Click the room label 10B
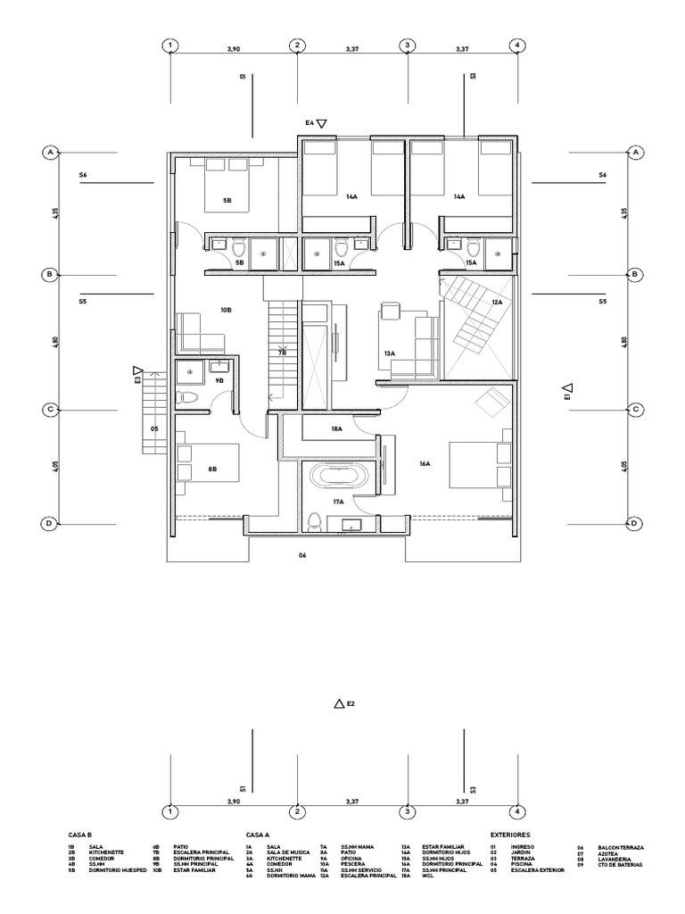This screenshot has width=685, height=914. (x=226, y=309)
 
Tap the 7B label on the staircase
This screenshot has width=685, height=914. (x=282, y=353)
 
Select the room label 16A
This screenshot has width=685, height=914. (x=425, y=463)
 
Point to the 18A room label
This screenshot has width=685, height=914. (x=337, y=429)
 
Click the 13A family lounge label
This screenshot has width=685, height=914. (x=390, y=354)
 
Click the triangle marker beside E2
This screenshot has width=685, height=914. (x=338, y=704)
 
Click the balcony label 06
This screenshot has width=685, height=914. (x=302, y=555)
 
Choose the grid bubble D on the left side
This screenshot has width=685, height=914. (x=50, y=523)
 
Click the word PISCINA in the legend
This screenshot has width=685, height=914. (x=522, y=864)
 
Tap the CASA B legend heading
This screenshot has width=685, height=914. (x=80, y=835)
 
